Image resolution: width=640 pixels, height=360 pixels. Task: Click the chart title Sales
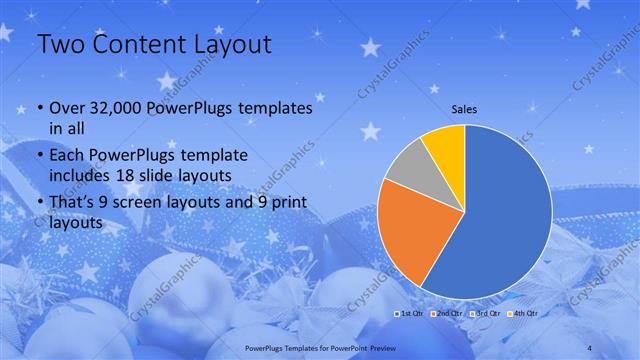pyautogui.click(x=465, y=108)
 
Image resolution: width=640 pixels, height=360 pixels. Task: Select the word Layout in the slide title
pyautogui.click(x=231, y=45)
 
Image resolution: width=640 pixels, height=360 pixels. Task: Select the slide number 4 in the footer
pyautogui.click(x=590, y=346)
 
